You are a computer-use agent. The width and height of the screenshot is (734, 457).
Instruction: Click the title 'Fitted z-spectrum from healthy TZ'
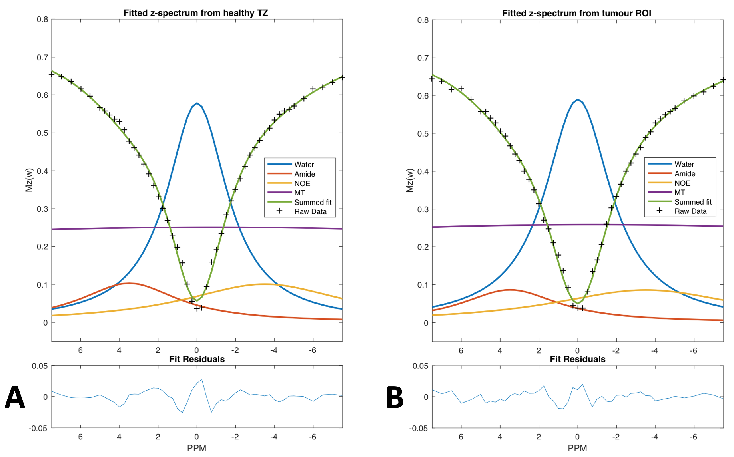point(195,13)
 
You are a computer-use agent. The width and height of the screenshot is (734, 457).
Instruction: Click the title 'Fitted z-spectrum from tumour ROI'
point(576,13)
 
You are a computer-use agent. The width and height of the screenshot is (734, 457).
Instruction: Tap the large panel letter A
point(15,397)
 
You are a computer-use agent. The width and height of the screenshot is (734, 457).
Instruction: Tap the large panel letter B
point(395,397)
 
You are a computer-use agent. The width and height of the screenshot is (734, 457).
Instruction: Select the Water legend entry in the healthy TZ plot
point(304,165)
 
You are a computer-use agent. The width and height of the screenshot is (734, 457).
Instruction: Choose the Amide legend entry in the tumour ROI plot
point(685,174)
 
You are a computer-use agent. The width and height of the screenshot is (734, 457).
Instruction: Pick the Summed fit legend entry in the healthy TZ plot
point(313,202)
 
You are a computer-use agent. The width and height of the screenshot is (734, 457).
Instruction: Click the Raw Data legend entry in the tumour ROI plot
point(690,211)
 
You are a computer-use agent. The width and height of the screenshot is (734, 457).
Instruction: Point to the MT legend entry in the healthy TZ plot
point(299,193)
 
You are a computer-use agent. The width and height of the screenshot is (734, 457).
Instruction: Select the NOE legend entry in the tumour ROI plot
point(682,183)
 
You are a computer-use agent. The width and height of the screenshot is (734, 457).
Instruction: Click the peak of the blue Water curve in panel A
point(197,103)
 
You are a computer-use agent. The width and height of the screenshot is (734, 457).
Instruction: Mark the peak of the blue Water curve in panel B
point(577,99)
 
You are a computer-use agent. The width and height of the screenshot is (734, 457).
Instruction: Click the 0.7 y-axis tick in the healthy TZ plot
point(42,58)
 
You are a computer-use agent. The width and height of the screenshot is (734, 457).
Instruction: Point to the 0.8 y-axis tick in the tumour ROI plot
point(423,20)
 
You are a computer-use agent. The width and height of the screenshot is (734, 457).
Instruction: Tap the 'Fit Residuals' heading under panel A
point(197,359)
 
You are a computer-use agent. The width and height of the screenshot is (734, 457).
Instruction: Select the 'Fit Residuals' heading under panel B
point(577,359)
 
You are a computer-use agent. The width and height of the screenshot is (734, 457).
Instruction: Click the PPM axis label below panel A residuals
point(197,448)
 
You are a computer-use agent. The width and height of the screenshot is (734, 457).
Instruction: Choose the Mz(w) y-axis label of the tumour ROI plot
point(409,180)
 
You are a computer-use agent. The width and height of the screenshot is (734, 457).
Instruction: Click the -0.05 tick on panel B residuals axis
point(418,428)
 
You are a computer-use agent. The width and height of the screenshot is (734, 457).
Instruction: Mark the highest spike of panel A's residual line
point(202,380)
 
